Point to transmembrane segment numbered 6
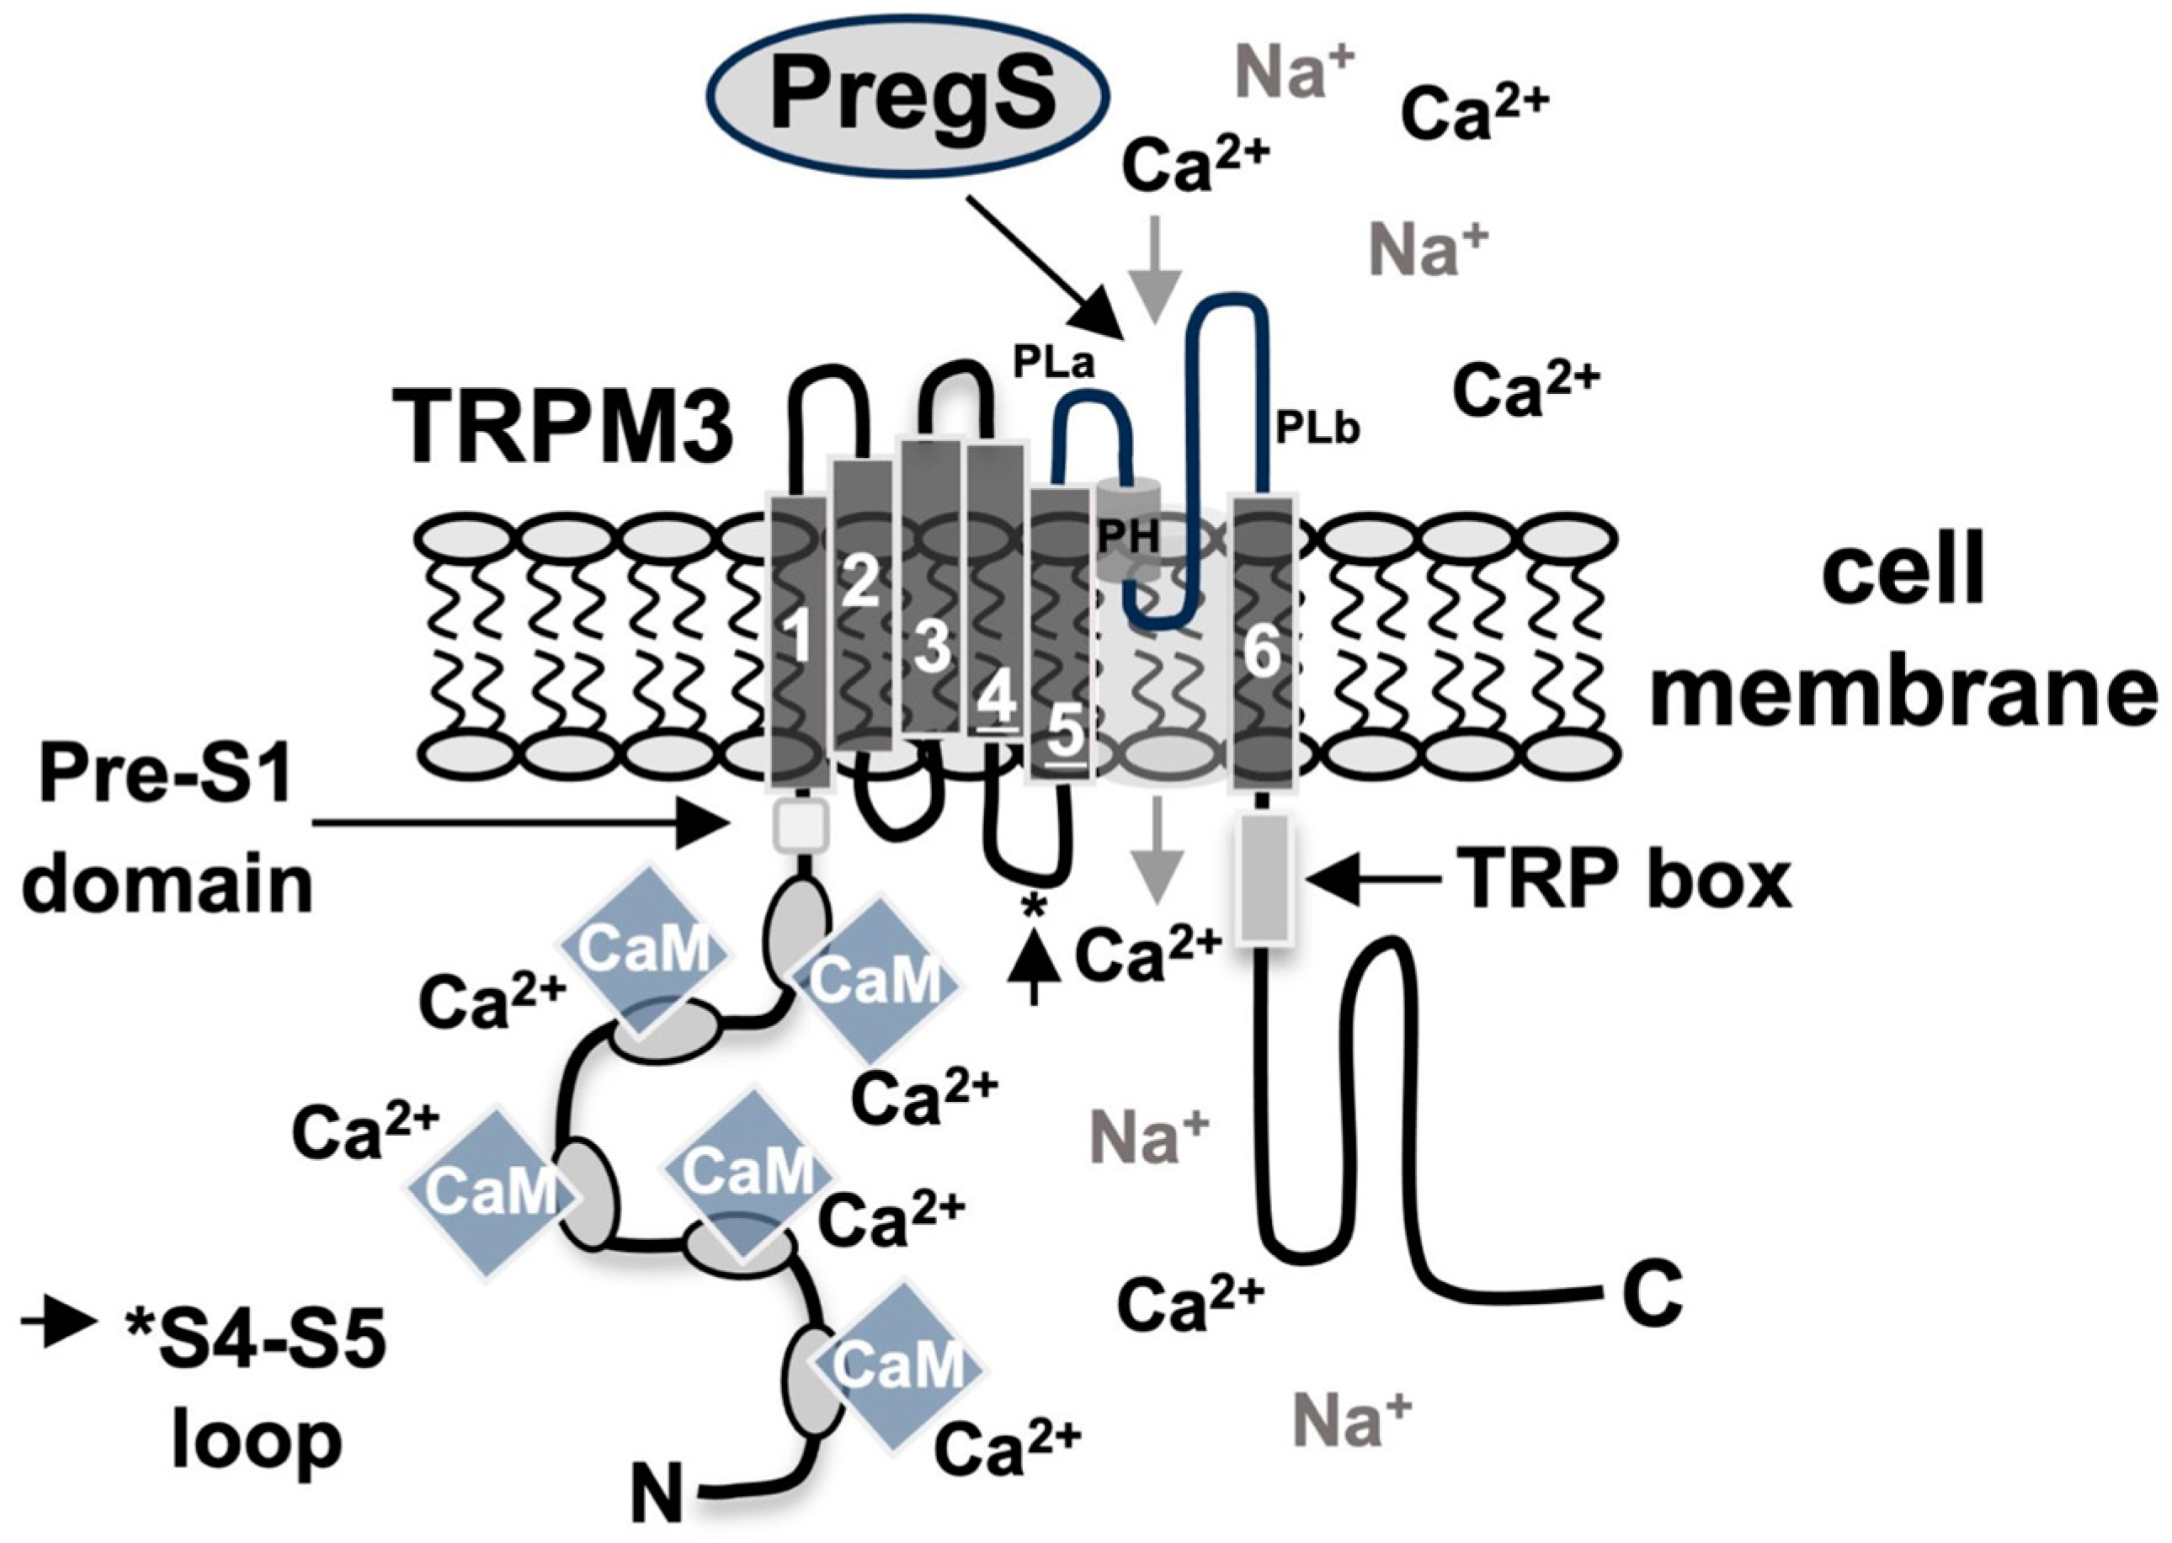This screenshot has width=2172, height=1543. coord(1262,641)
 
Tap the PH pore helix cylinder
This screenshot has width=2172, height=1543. coord(1129,532)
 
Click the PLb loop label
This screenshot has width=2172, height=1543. coord(1317,428)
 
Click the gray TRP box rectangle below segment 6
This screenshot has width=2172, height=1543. coord(1264,877)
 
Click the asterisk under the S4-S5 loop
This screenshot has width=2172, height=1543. coord(1033,907)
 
